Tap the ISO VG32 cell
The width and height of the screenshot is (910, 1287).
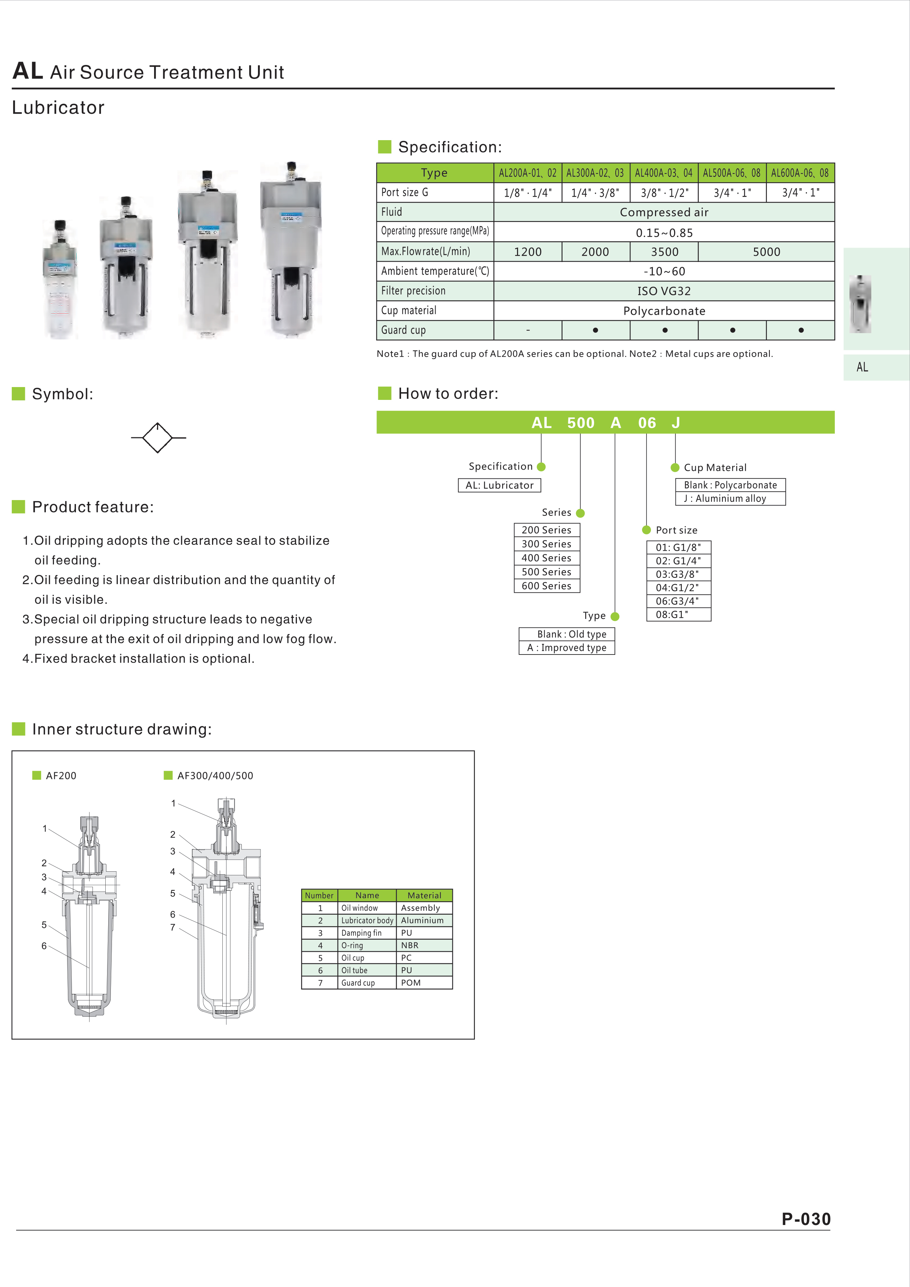coord(664,291)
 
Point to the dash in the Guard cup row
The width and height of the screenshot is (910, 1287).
coord(528,330)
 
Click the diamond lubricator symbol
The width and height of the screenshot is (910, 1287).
coord(157,438)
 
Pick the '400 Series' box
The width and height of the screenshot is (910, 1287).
coord(547,558)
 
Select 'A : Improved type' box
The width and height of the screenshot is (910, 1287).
coord(567,648)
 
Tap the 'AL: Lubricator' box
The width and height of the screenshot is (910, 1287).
coord(499,485)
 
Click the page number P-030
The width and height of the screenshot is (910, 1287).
coord(806,1219)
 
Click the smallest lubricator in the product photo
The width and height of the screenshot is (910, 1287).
coord(59,280)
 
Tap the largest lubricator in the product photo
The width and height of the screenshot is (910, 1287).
coord(291,252)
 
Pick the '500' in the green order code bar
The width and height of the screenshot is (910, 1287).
coord(580,423)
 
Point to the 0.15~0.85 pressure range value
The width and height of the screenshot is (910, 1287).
coord(664,233)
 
